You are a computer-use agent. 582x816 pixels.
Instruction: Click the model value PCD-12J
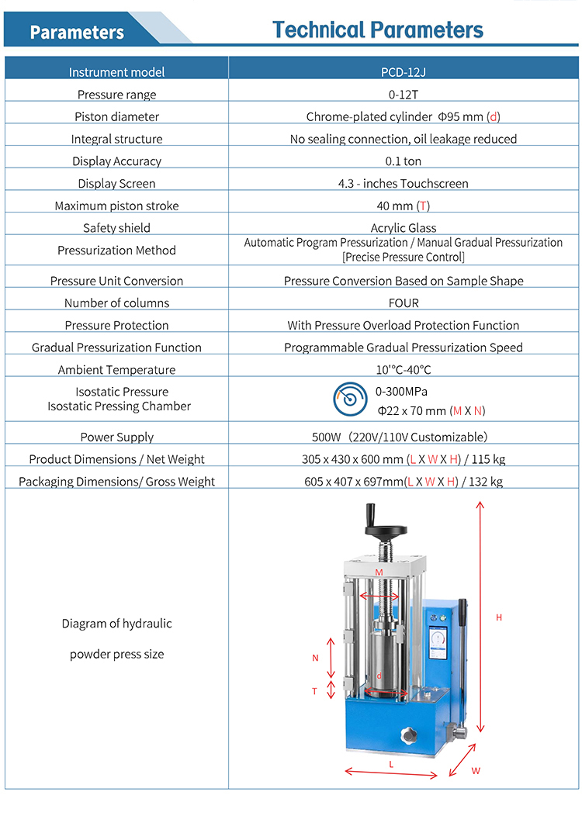pyautogui.click(x=404, y=72)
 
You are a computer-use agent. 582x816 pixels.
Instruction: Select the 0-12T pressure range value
pyautogui.click(x=404, y=95)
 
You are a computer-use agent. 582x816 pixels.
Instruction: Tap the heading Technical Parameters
pyautogui.click(x=378, y=30)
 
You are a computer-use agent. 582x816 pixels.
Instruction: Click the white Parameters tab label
pyautogui.click(x=77, y=32)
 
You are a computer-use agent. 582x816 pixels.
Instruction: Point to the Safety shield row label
pyautogui.click(x=116, y=228)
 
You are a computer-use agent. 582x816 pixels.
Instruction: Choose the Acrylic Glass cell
pyautogui.click(x=404, y=228)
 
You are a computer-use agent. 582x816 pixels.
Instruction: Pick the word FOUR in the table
pyautogui.click(x=404, y=303)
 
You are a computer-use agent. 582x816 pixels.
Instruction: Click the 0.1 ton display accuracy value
pyautogui.click(x=404, y=161)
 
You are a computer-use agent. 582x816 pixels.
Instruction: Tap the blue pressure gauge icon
pyautogui.click(x=349, y=399)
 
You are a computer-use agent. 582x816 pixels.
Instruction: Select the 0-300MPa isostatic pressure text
pyautogui.click(x=401, y=392)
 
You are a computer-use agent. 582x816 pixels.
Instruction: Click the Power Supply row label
pyautogui.click(x=116, y=437)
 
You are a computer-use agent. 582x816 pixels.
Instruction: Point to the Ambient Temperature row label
pyautogui.click(x=116, y=370)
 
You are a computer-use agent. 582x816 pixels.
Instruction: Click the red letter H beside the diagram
pyautogui.click(x=499, y=617)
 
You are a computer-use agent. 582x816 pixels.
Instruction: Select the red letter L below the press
pyautogui.click(x=391, y=764)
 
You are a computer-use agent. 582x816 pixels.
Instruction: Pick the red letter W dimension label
pyautogui.click(x=476, y=771)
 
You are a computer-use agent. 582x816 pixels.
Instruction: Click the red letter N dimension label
pyautogui.click(x=315, y=658)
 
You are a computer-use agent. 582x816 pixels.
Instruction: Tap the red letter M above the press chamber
pyautogui.click(x=379, y=572)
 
